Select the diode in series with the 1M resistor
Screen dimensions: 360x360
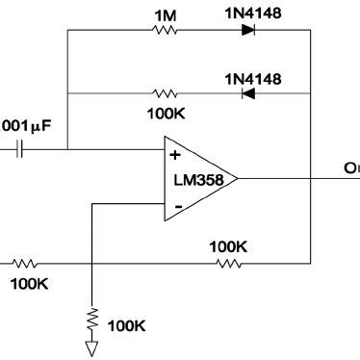[x=248, y=30]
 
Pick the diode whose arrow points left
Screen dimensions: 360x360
[x=248, y=93]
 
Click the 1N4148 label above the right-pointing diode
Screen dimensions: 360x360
[x=252, y=13]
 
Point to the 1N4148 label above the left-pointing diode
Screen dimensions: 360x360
[x=252, y=77]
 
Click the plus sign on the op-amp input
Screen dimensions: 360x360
[x=175, y=153]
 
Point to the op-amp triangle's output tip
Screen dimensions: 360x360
[x=238, y=178]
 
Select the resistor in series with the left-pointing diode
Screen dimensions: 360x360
[x=165, y=93]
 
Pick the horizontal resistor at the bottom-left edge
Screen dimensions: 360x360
[x=25, y=262]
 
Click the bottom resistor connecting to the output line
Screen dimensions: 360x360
[x=228, y=262]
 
